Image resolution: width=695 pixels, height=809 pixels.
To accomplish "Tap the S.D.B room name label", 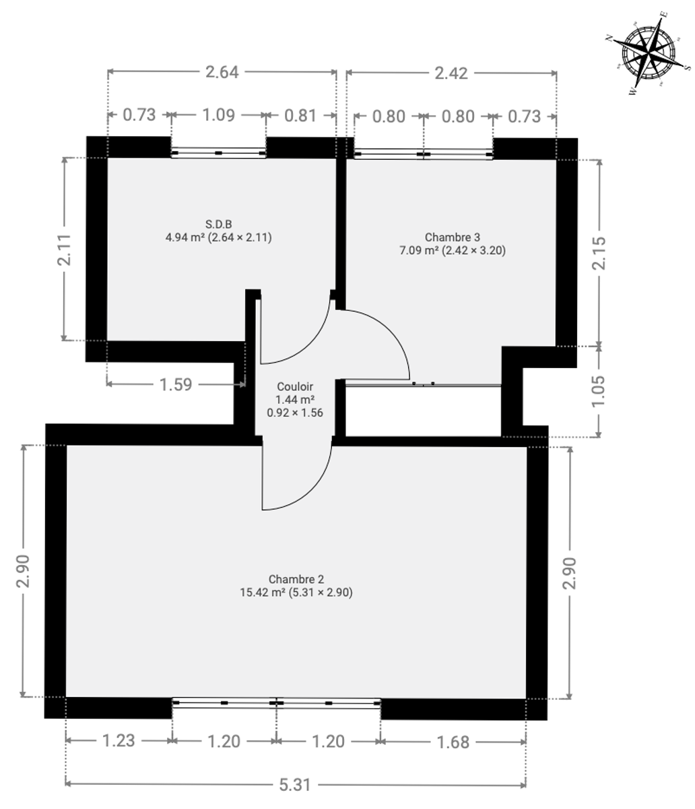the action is tap(218, 224).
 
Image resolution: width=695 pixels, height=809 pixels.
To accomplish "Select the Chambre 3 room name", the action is tap(453, 237).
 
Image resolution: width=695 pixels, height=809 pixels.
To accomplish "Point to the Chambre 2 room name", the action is tap(296, 579).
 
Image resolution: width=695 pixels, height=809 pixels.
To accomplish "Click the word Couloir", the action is tap(295, 387).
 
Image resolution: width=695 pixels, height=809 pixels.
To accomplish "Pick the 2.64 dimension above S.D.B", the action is tap(222, 72).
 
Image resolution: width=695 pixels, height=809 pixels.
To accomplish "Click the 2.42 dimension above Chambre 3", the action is tap(451, 73).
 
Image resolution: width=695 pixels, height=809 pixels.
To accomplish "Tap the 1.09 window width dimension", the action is tap(218, 115).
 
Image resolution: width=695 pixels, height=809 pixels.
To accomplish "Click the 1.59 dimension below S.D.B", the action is tap(176, 385).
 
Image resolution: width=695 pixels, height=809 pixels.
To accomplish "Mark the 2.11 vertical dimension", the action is tap(65, 249).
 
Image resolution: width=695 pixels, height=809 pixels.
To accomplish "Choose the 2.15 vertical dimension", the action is tap(599, 253).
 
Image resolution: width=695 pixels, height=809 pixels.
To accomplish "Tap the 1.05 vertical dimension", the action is tap(599, 391).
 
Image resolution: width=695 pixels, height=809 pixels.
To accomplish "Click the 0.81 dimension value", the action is tap(300, 116).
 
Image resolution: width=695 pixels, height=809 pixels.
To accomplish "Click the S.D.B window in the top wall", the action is tap(218, 152).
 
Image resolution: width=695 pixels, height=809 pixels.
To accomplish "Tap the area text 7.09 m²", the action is tap(419, 251).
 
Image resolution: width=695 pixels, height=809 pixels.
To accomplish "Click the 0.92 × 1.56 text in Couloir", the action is tap(295, 413).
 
